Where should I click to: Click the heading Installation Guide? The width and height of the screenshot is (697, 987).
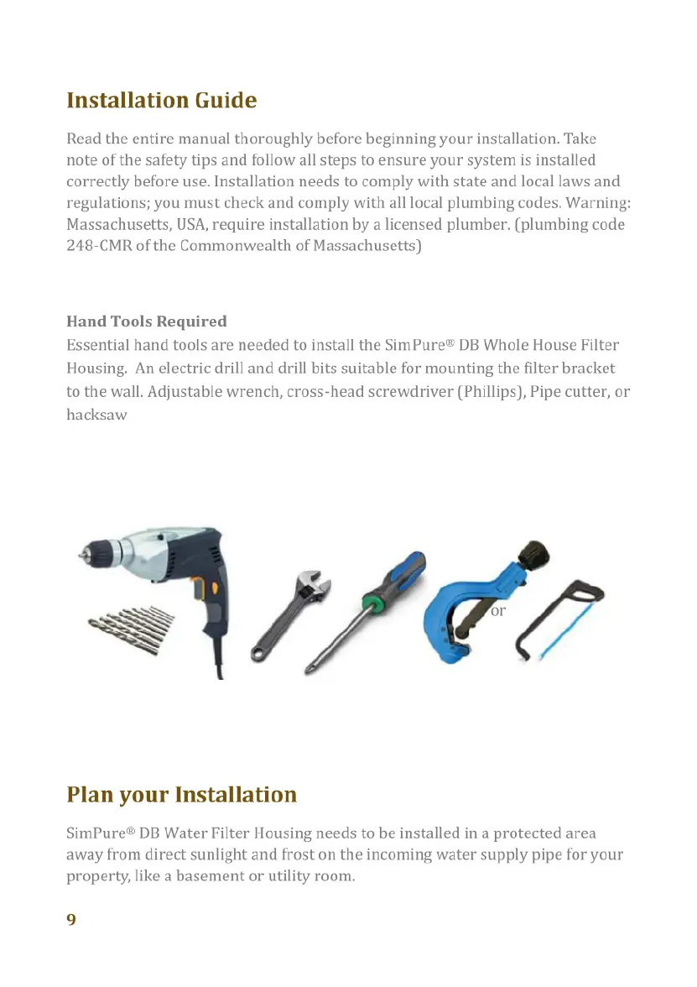tap(161, 101)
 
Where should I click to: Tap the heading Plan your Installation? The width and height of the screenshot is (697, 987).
tap(181, 794)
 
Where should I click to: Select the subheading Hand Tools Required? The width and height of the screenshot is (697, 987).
tap(147, 321)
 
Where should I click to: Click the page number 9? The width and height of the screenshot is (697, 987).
tap(71, 919)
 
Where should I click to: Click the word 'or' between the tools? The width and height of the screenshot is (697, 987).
tap(498, 611)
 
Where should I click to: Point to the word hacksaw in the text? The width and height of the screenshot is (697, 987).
tap(96, 415)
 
